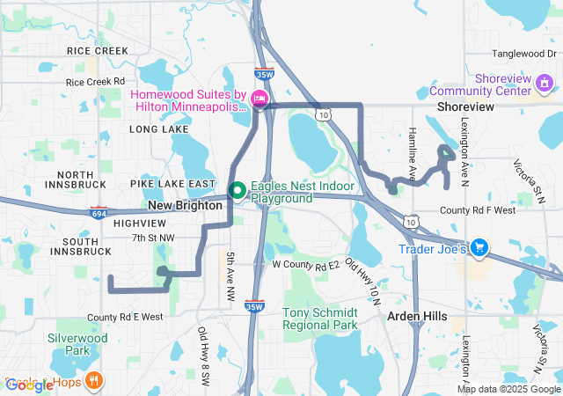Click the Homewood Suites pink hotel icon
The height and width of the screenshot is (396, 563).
(260, 99)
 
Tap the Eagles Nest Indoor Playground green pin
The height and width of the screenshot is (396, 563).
(237, 189)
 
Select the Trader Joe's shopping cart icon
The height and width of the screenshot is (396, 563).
(479, 247)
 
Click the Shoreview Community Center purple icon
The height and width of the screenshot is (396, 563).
(545, 84)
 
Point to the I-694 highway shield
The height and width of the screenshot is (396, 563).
(99, 212)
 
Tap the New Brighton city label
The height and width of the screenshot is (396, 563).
(185, 205)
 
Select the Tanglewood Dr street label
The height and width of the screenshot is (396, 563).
(525, 53)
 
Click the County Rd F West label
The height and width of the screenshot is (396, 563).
(478, 211)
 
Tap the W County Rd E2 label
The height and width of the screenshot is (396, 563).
(305, 264)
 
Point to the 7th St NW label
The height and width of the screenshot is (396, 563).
(153, 238)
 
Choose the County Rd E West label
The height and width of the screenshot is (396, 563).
(125, 317)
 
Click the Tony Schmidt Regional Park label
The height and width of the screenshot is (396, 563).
(320, 319)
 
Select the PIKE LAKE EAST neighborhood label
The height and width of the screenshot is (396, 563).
(172, 184)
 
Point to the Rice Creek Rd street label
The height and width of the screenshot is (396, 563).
(95, 82)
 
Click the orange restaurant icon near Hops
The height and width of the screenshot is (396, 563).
(93, 381)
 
